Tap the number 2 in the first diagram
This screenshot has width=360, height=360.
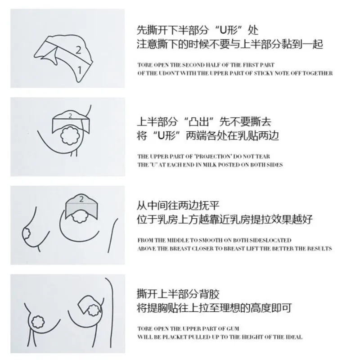(78, 50)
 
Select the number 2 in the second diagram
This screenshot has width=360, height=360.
(70, 116)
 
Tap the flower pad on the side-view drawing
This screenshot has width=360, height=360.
(28, 234)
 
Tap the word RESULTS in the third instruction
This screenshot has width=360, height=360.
(319, 248)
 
